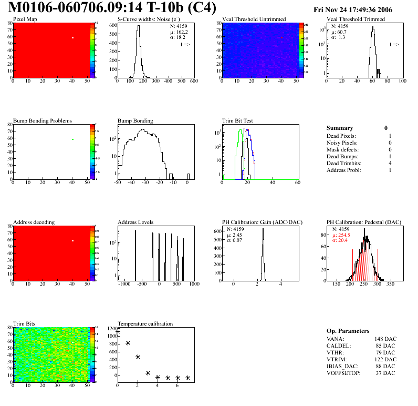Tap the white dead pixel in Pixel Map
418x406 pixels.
pos(73,38)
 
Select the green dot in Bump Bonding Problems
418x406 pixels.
pos(73,139)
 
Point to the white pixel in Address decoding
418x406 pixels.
pos(73,241)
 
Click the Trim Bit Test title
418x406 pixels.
pos(238,120)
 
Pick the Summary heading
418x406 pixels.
pos(340,128)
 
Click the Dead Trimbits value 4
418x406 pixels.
pos(389,163)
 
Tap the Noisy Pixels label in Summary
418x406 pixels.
pos(342,143)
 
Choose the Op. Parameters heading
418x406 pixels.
pos(348,331)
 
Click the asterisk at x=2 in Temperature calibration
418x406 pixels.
pos(138,357)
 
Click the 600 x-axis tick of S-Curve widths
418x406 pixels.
pos(194,81)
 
